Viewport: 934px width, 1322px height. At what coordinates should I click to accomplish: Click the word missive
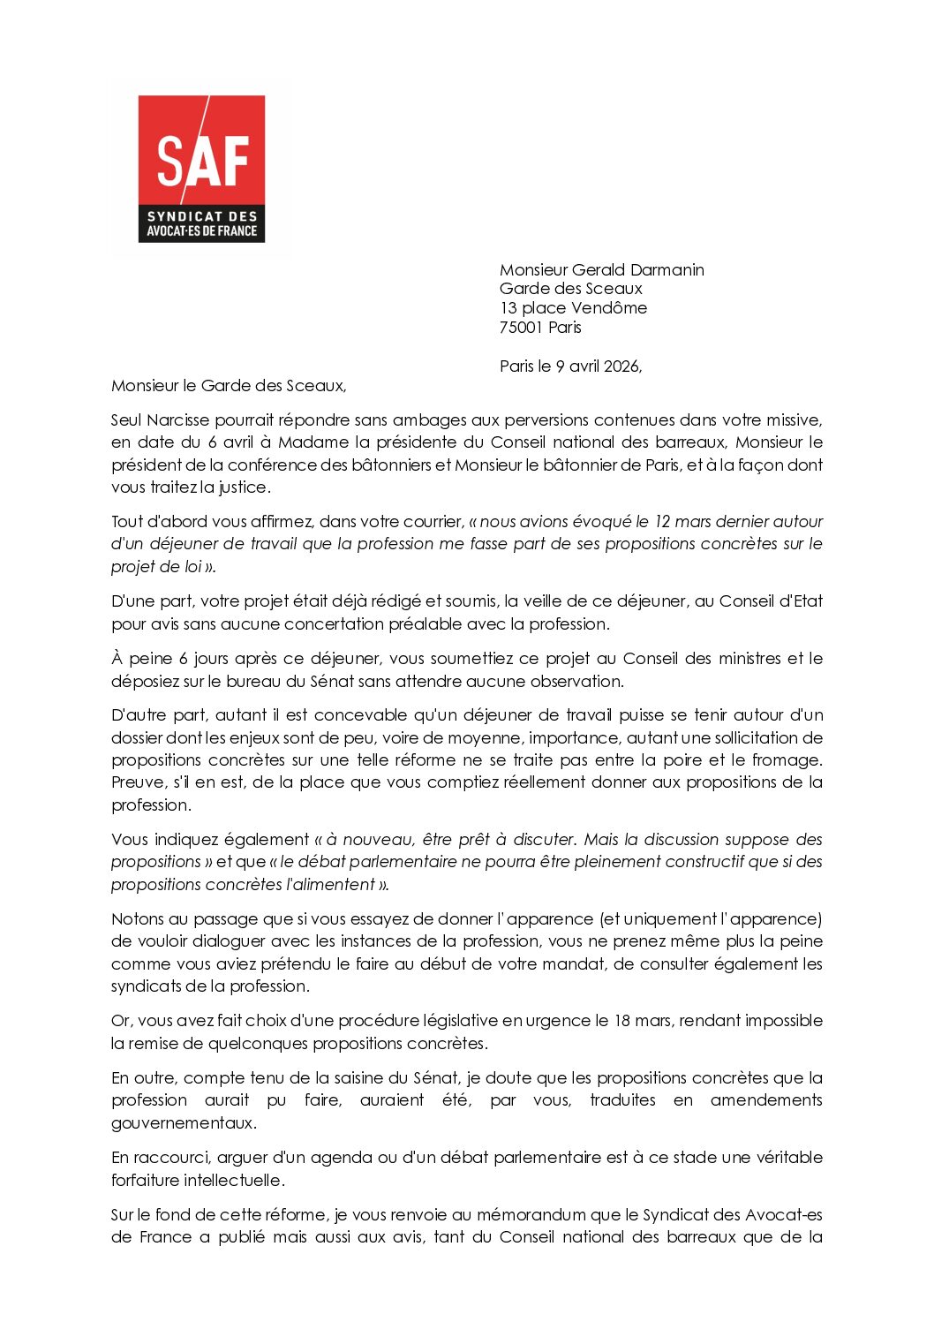(x=791, y=420)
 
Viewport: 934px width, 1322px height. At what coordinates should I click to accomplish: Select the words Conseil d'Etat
(x=771, y=601)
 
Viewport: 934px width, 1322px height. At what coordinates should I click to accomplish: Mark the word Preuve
(x=138, y=782)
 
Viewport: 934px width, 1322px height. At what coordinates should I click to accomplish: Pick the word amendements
(x=765, y=1100)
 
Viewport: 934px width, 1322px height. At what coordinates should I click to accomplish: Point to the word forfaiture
(x=145, y=1181)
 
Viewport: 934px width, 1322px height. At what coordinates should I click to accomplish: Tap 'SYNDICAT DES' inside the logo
(x=201, y=216)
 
